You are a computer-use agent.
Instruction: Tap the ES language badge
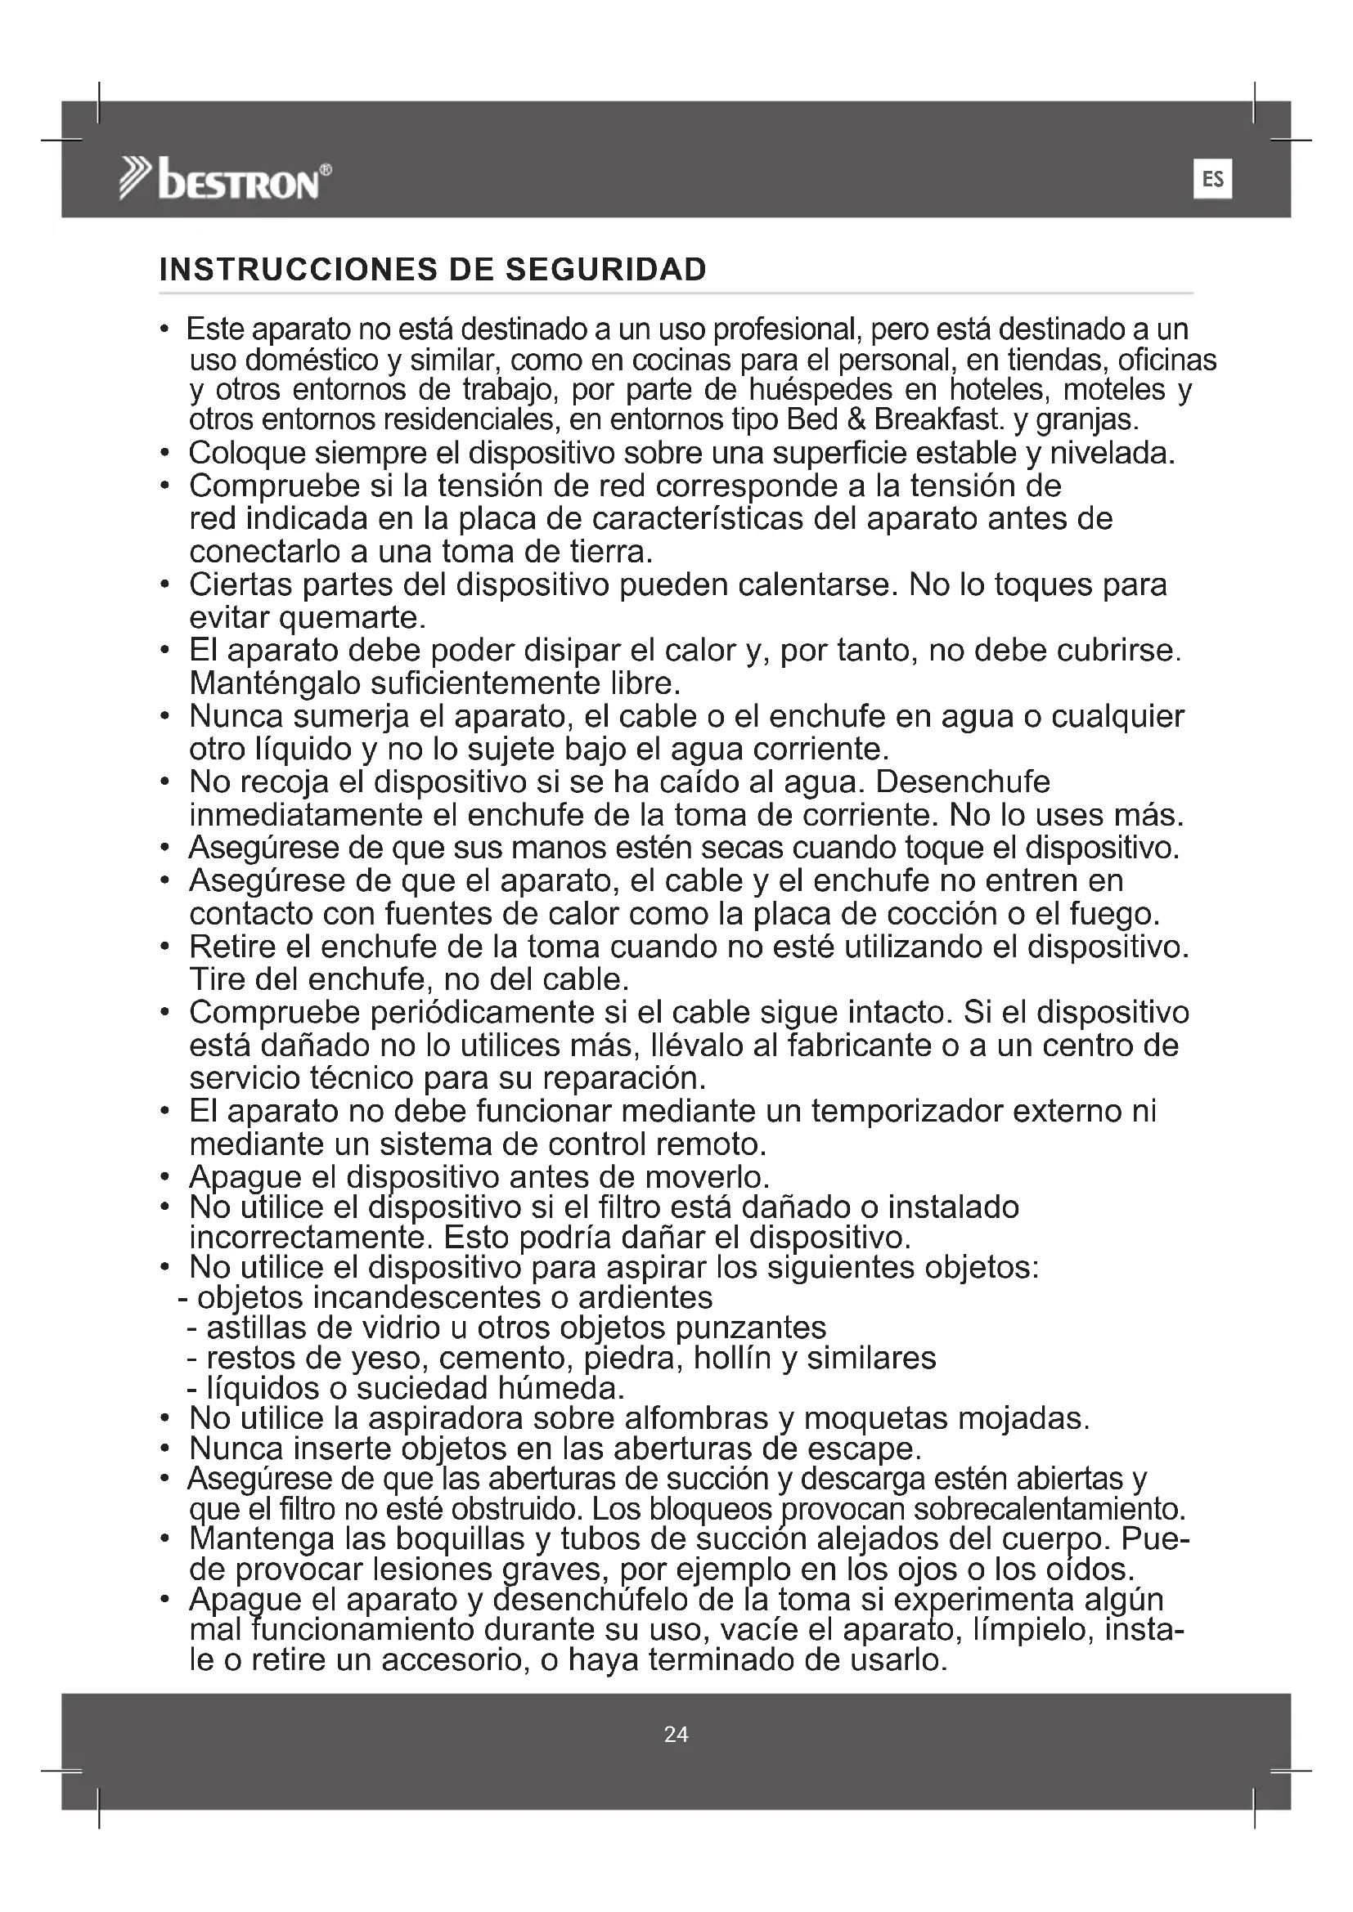pyautogui.click(x=1212, y=179)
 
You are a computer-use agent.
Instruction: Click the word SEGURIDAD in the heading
pyautogui.click(x=606, y=270)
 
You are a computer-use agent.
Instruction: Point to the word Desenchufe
pyautogui.click(x=963, y=782)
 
